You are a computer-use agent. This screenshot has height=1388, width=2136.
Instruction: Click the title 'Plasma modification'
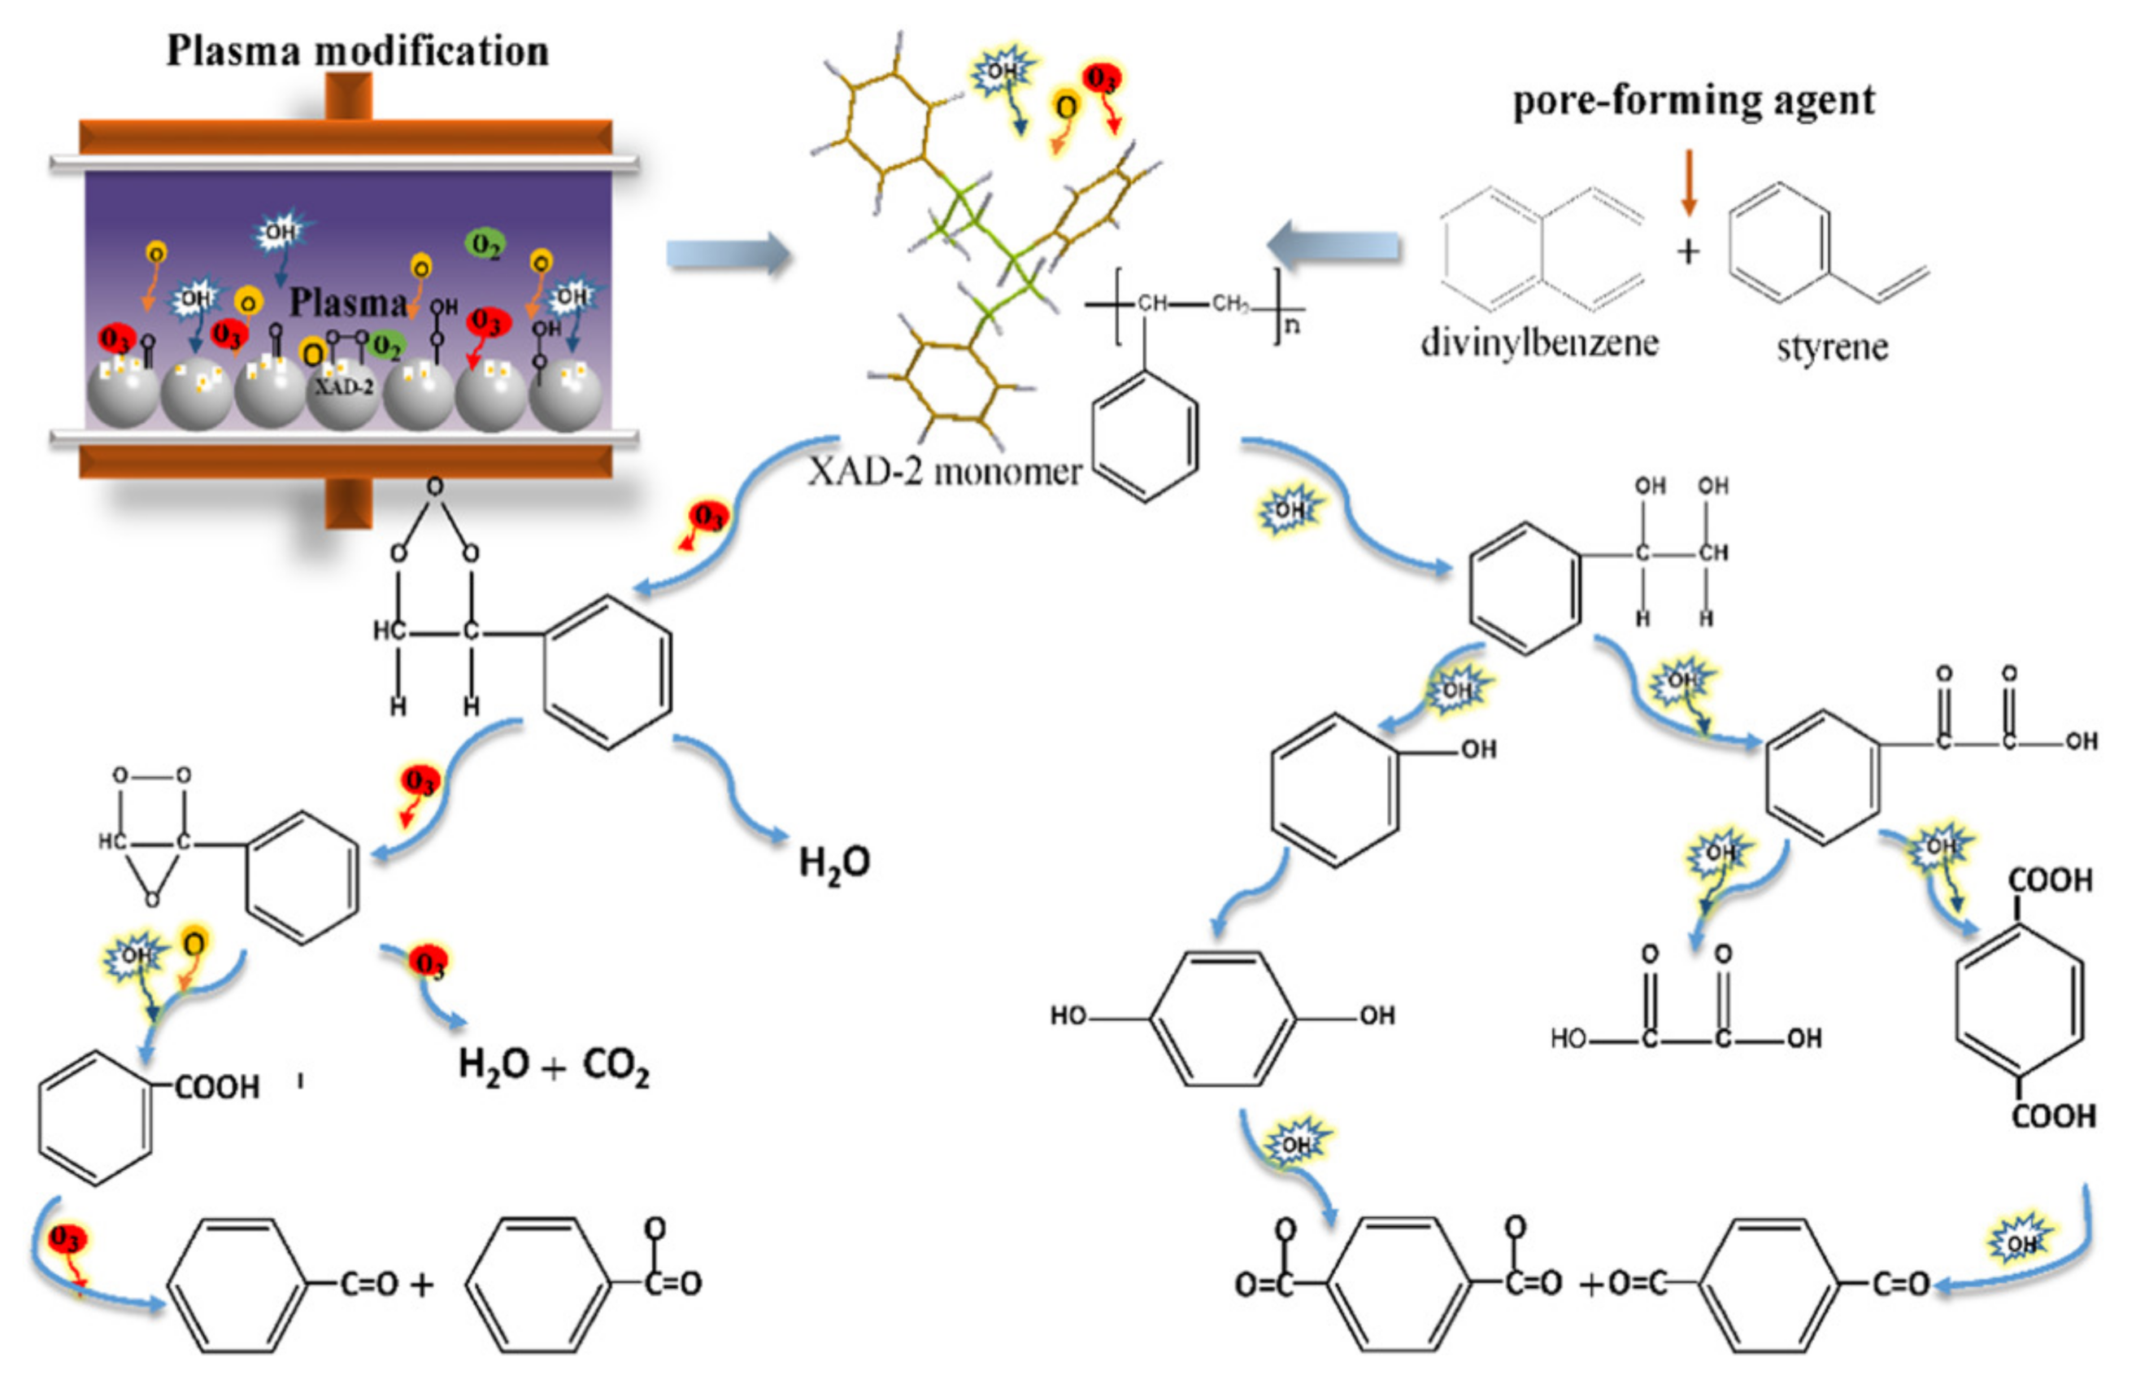click(x=357, y=51)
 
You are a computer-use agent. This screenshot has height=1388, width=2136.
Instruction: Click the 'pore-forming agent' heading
click(x=1694, y=101)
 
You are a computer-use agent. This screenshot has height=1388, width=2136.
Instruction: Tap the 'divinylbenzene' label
click(x=1539, y=343)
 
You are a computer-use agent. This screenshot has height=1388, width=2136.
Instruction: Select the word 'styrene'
click(x=1832, y=347)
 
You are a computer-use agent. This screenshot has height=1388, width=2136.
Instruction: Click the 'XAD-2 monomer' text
click(x=944, y=471)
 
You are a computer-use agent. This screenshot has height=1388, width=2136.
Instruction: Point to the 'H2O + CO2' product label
click(x=553, y=1066)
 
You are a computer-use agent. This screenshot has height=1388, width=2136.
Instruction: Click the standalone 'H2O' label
click(x=833, y=862)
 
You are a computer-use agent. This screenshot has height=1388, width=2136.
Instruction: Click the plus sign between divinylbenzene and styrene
click(x=1688, y=251)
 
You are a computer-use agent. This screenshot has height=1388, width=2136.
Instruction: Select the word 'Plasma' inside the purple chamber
click(x=347, y=303)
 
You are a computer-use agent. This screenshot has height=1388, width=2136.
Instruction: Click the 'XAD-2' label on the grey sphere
click(x=343, y=387)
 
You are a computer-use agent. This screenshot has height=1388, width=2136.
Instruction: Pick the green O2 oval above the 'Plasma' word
click(x=485, y=243)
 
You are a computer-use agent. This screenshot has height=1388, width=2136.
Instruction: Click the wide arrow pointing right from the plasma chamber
click(x=728, y=254)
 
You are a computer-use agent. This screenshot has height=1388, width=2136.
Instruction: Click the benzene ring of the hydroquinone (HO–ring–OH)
click(x=1222, y=1018)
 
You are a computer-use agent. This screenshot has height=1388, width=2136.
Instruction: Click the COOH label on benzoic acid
click(x=216, y=1087)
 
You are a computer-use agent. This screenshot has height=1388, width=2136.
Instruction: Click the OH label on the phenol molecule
click(x=1478, y=749)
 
